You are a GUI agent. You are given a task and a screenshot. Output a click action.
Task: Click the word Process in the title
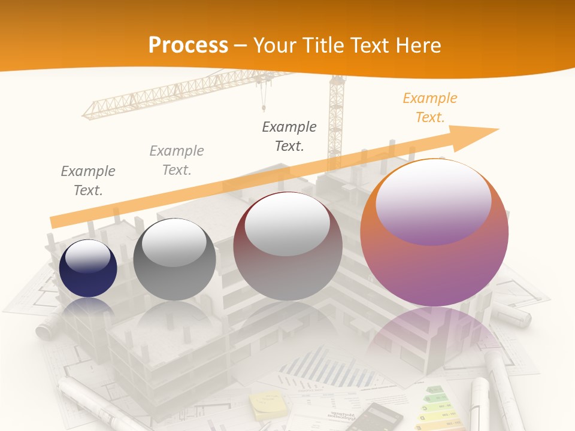pos(188,45)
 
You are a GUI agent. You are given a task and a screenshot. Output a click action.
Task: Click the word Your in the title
pos(274,45)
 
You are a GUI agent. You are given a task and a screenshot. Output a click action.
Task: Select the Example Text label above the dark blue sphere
pos(88,181)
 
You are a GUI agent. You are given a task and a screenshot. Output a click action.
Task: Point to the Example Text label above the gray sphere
pos(177,160)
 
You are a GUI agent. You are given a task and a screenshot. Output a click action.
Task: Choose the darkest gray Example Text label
pos(289,136)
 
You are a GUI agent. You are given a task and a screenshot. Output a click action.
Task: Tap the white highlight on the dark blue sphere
pos(87,258)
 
